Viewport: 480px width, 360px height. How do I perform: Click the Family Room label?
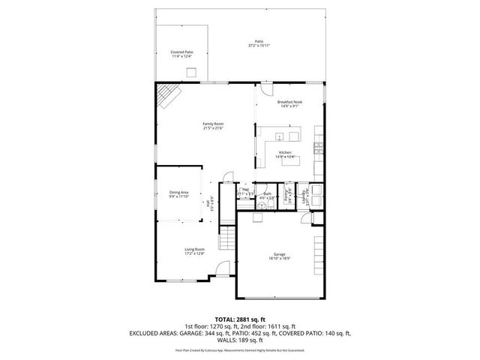(x=213, y=124)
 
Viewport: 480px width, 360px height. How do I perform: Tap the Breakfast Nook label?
(x=289, y=102)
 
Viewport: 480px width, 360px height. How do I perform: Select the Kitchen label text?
(x=285, y=152)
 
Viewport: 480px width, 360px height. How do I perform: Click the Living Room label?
(x=195, y=249)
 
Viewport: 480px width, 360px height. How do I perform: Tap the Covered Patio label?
(x=182, y=52)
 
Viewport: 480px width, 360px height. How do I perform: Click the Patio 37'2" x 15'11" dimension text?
(x=259, y=46)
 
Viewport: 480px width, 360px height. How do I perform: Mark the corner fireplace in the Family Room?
(x=169, y=95)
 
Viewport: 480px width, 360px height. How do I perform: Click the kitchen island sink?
(x=279, y=137)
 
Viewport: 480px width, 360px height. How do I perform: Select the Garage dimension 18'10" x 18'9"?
(x=278, y=259)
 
